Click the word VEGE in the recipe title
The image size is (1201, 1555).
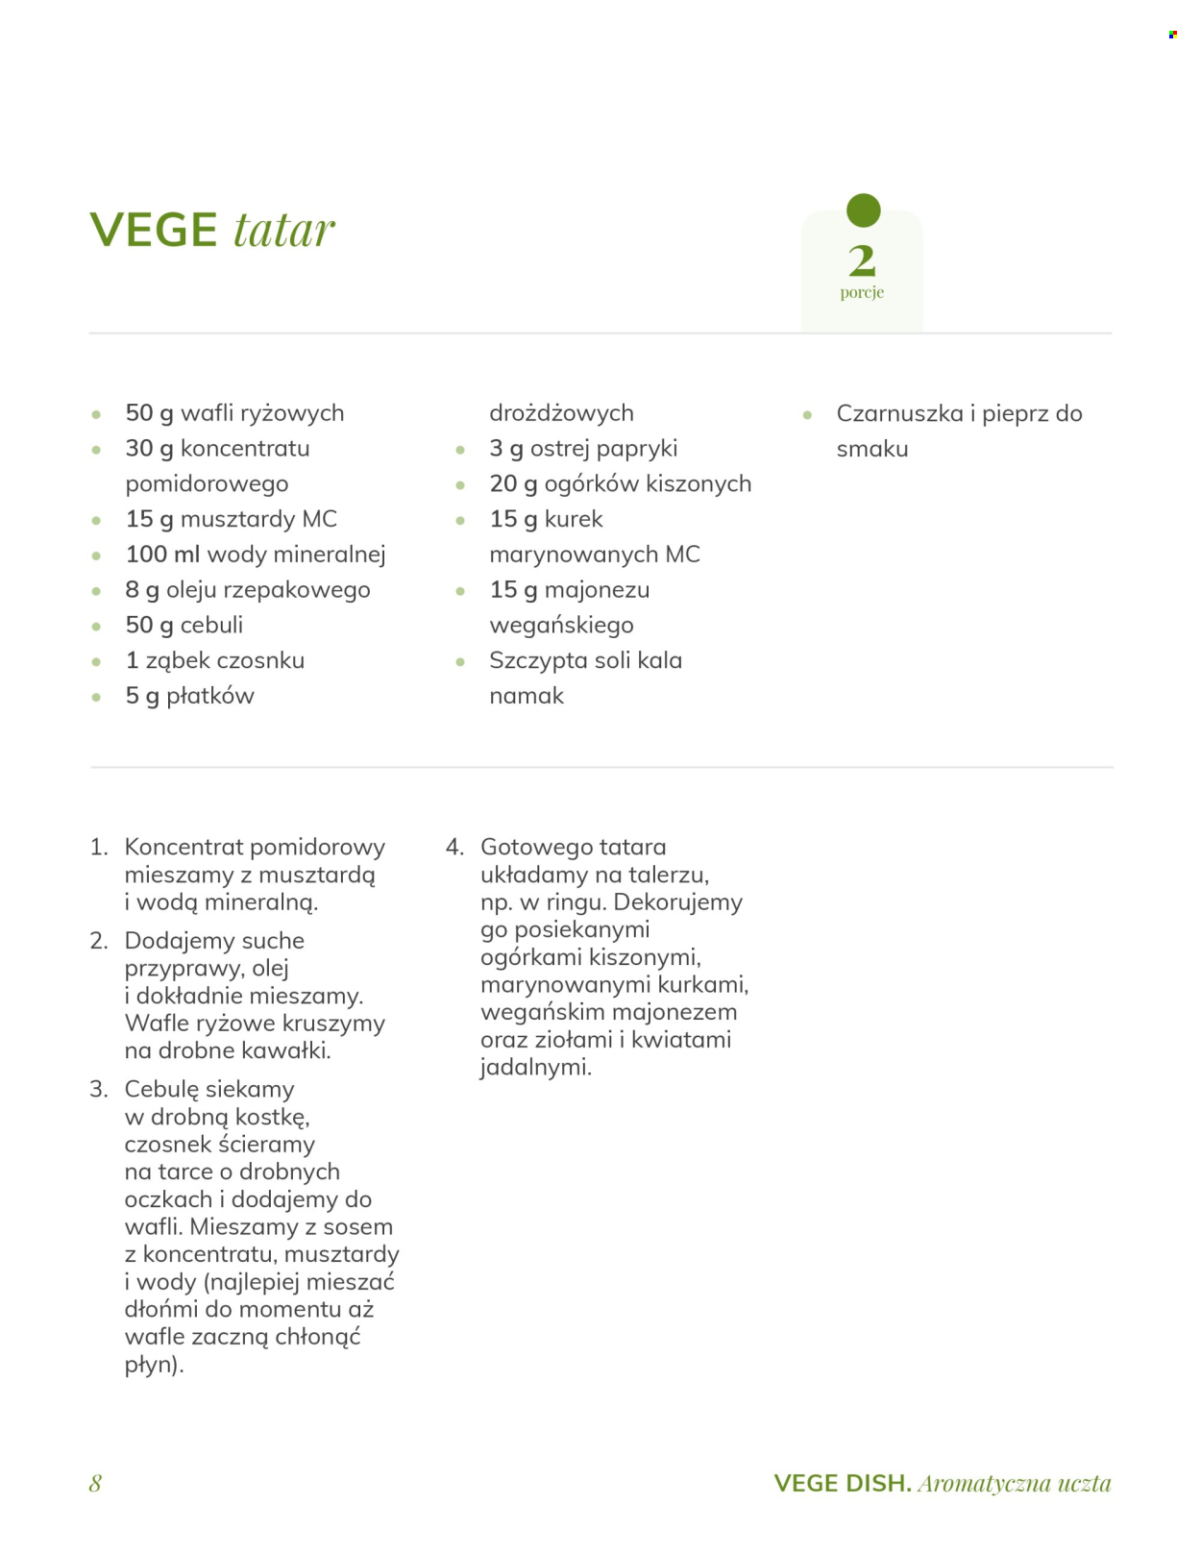click(x=154, y=231)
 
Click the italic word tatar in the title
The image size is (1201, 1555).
click(x=284, y=231)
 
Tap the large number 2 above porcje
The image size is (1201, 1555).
click(x=862, y=260)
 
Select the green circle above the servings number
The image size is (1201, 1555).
click(x=863, y=210)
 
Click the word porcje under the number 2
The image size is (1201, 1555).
click(x=862, y=292)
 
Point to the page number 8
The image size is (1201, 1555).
click(x=95, y=1483)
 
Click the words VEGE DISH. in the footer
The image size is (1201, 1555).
click(x=842, y=1483)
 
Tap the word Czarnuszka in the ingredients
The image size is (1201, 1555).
click(x=899, y=413)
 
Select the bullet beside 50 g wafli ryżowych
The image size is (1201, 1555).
click(x=96, y=415)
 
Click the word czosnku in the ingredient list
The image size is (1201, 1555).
click(x=259, y=660)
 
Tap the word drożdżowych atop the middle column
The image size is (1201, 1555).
click(x=561, y=413)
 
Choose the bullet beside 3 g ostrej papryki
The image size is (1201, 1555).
click(x=460, y=450)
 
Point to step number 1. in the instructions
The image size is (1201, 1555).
click(x=99, y=847)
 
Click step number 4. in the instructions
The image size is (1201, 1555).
click(x=454, y=847)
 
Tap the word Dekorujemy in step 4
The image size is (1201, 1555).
click(x=677, y=902)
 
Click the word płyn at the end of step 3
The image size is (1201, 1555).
click(x=149, y=1365)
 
